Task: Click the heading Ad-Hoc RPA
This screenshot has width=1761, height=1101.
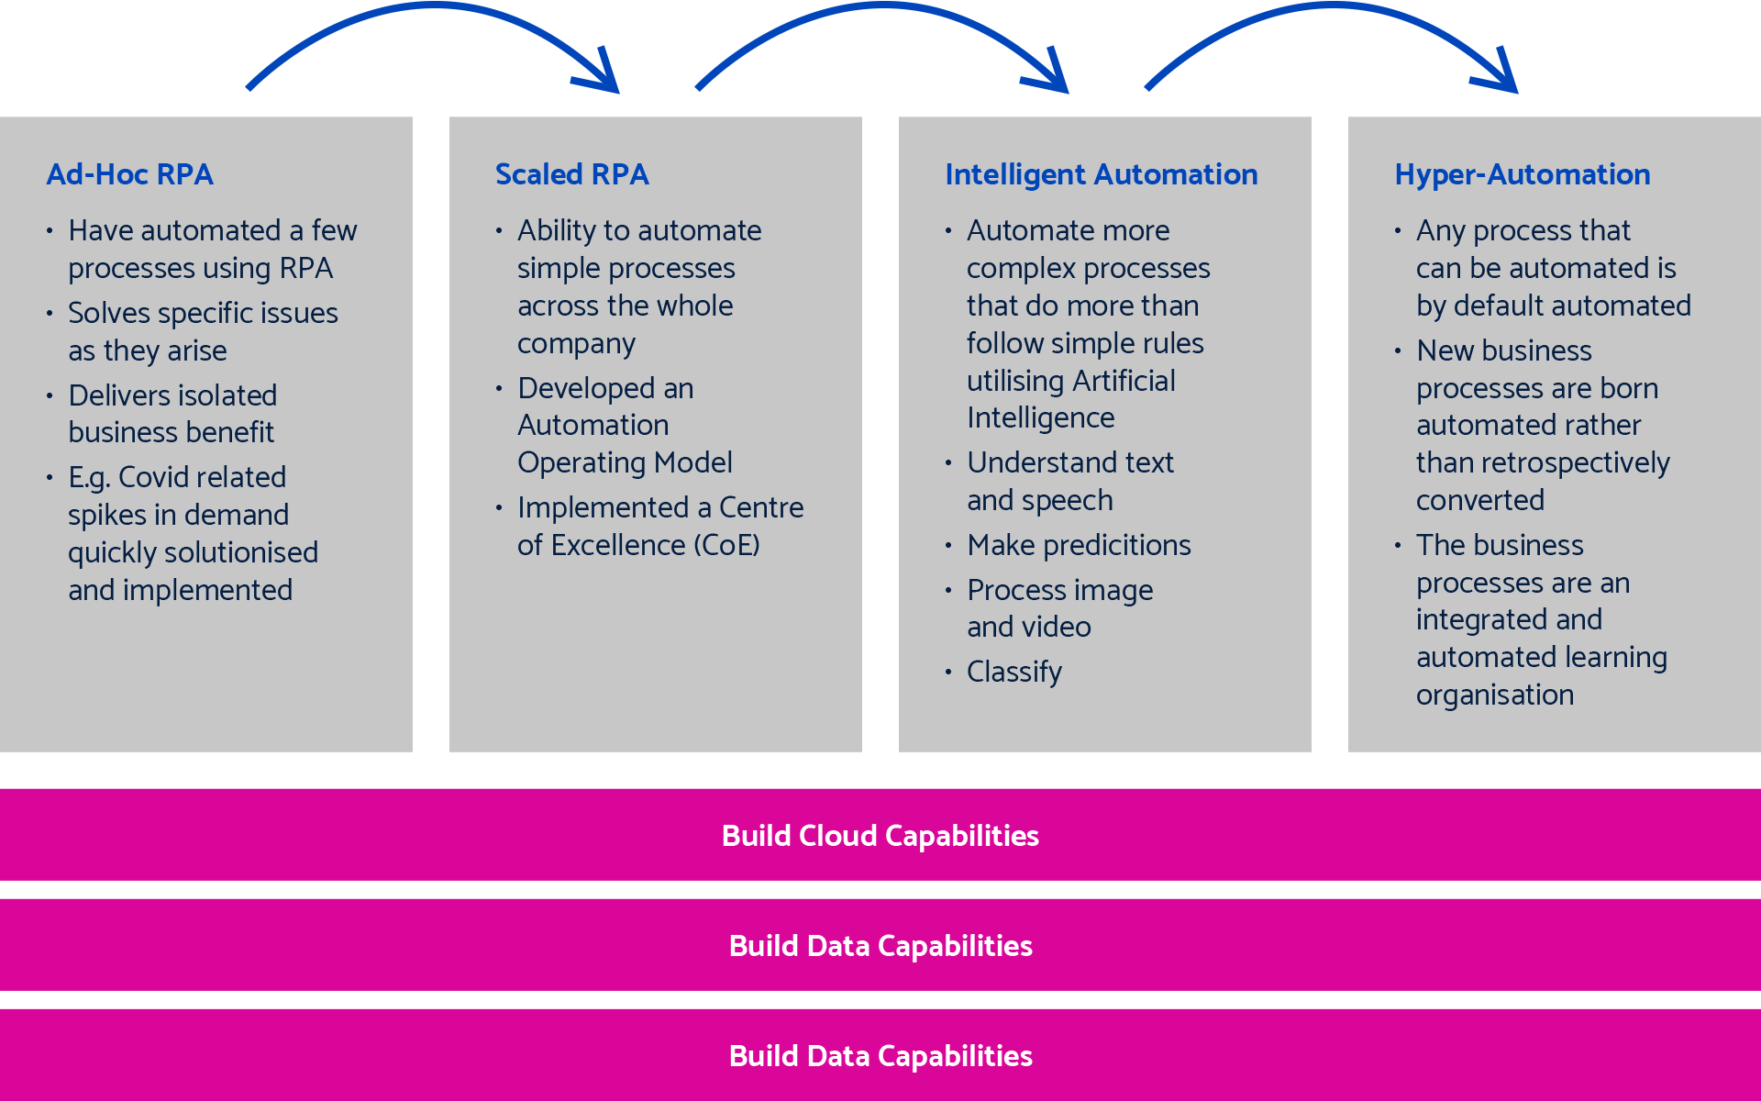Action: click(x=129, y=174)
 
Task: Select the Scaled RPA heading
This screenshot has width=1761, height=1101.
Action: click(x=571, y=174)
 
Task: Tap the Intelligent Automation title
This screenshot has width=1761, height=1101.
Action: click(x=1101, y=174)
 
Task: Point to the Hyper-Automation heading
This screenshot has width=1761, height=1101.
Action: click(x=1522, y=174)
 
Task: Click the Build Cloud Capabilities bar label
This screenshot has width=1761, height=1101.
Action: click(x=880, y=836)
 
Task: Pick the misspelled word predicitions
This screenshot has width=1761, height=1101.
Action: click(x=1116, y=545)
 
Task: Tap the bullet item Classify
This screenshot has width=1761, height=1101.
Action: click(x=1013, y=673)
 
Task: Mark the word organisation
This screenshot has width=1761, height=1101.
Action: click(x=1494, y=695)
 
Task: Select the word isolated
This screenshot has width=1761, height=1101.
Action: click(x=220, y=395)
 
